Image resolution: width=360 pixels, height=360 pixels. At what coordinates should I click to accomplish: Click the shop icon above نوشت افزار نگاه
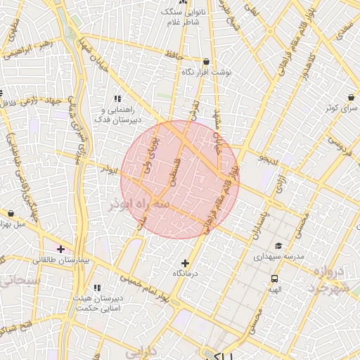pos(205,62)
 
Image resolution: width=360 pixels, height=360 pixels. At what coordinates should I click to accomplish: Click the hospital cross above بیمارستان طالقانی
pos(62,249)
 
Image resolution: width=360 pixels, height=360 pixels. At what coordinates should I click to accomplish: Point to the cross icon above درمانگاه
pos(185,263)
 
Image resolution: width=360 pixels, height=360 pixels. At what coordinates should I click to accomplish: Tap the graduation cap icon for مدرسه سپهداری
pos(279,246)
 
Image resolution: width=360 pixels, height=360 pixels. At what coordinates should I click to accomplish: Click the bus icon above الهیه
pos(274,278)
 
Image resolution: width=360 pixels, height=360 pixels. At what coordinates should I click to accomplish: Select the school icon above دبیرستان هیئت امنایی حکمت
pos(97,288)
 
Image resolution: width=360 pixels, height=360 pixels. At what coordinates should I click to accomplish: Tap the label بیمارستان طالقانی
pos(62,260)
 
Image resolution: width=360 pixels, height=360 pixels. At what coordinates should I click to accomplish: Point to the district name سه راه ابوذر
pos(139,204)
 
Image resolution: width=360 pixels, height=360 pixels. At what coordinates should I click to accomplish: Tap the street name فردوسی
pos(338,147)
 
